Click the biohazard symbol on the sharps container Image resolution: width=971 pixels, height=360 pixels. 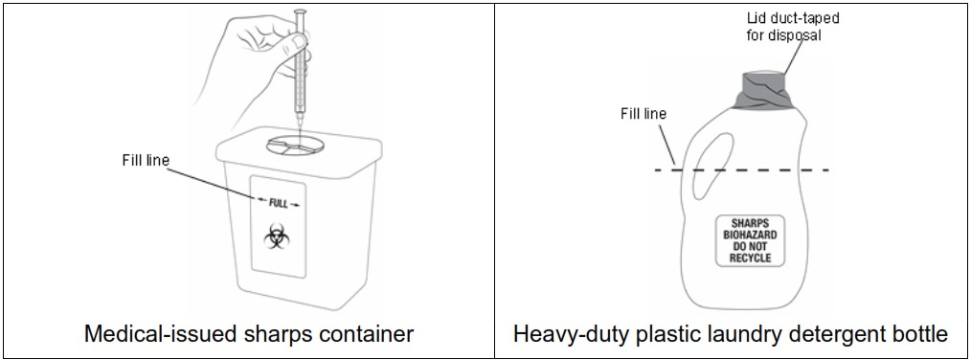(x=277, y=236)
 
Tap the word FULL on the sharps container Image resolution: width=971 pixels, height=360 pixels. (x=278, y=202)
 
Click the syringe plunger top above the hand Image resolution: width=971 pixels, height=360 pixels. (x=299, y=11)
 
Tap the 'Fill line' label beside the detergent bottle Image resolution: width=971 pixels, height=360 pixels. (x=643, y=114)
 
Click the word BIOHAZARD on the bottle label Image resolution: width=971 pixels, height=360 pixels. (x=750, y=234)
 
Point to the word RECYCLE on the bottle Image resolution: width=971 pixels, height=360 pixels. (x=750, y=258)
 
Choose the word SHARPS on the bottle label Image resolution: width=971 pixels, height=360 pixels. (x=750, y=222)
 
